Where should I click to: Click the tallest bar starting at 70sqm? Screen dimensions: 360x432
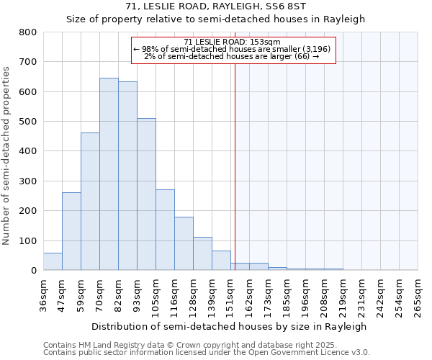click(x=109, y=174)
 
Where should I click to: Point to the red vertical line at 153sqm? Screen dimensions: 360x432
click(x=235, y=166)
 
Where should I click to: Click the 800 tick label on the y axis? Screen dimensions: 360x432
click(x=28, y=32)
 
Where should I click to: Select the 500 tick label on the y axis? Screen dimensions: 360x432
click(x=28, y=122)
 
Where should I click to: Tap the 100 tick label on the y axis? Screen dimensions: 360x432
click(x=28, y=240)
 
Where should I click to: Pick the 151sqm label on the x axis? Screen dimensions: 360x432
click(x=230, y=295)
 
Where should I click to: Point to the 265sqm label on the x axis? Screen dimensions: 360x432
click(x=418, y=295)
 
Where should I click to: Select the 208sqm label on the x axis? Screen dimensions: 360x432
click(x=324, y=295)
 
